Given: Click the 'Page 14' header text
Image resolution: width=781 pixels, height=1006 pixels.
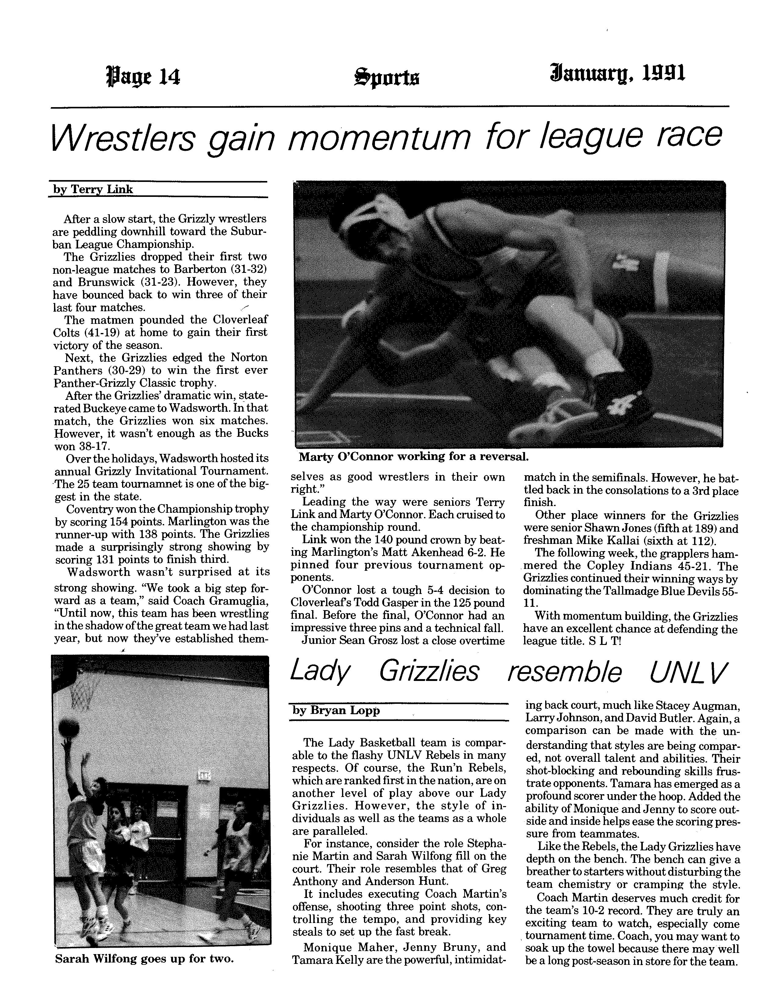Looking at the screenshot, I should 143,76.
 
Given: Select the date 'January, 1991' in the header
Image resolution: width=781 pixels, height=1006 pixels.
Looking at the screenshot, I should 617,74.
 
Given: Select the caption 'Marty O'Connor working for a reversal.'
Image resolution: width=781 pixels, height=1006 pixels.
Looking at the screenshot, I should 413,457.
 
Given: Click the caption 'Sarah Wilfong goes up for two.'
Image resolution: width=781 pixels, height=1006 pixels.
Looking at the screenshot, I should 144,959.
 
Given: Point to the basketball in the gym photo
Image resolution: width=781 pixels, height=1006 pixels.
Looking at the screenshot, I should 69,728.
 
